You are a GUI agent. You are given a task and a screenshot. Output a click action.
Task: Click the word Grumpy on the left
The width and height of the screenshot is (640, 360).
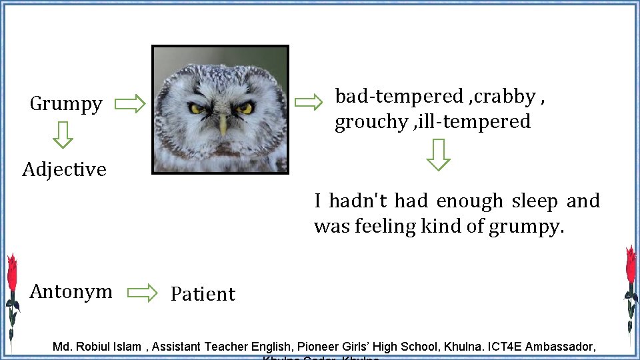coord(66,104)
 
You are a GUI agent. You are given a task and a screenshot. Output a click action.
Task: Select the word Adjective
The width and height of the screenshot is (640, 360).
coord(64,169)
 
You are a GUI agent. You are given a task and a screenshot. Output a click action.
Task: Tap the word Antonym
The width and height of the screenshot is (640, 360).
coord(71,291)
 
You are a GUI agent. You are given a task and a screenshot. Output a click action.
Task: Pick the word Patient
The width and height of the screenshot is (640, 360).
coord(203,294)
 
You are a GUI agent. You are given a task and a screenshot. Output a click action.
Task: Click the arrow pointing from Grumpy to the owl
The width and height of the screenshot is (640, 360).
coord(130,104)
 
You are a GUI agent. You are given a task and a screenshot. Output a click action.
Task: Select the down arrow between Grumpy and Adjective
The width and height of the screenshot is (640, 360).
coord(63,134)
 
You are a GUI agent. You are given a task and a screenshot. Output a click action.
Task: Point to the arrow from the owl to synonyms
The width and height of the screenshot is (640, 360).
coord(308,102)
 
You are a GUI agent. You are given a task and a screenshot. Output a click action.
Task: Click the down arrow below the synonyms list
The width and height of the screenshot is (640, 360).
coord(438,155)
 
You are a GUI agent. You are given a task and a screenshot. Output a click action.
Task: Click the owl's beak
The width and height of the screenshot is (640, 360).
coord(223,123)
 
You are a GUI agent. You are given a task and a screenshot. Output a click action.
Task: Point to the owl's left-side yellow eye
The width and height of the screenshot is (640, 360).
coord(197,108)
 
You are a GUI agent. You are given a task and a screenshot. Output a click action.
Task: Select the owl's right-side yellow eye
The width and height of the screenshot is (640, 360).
coord(245,107)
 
